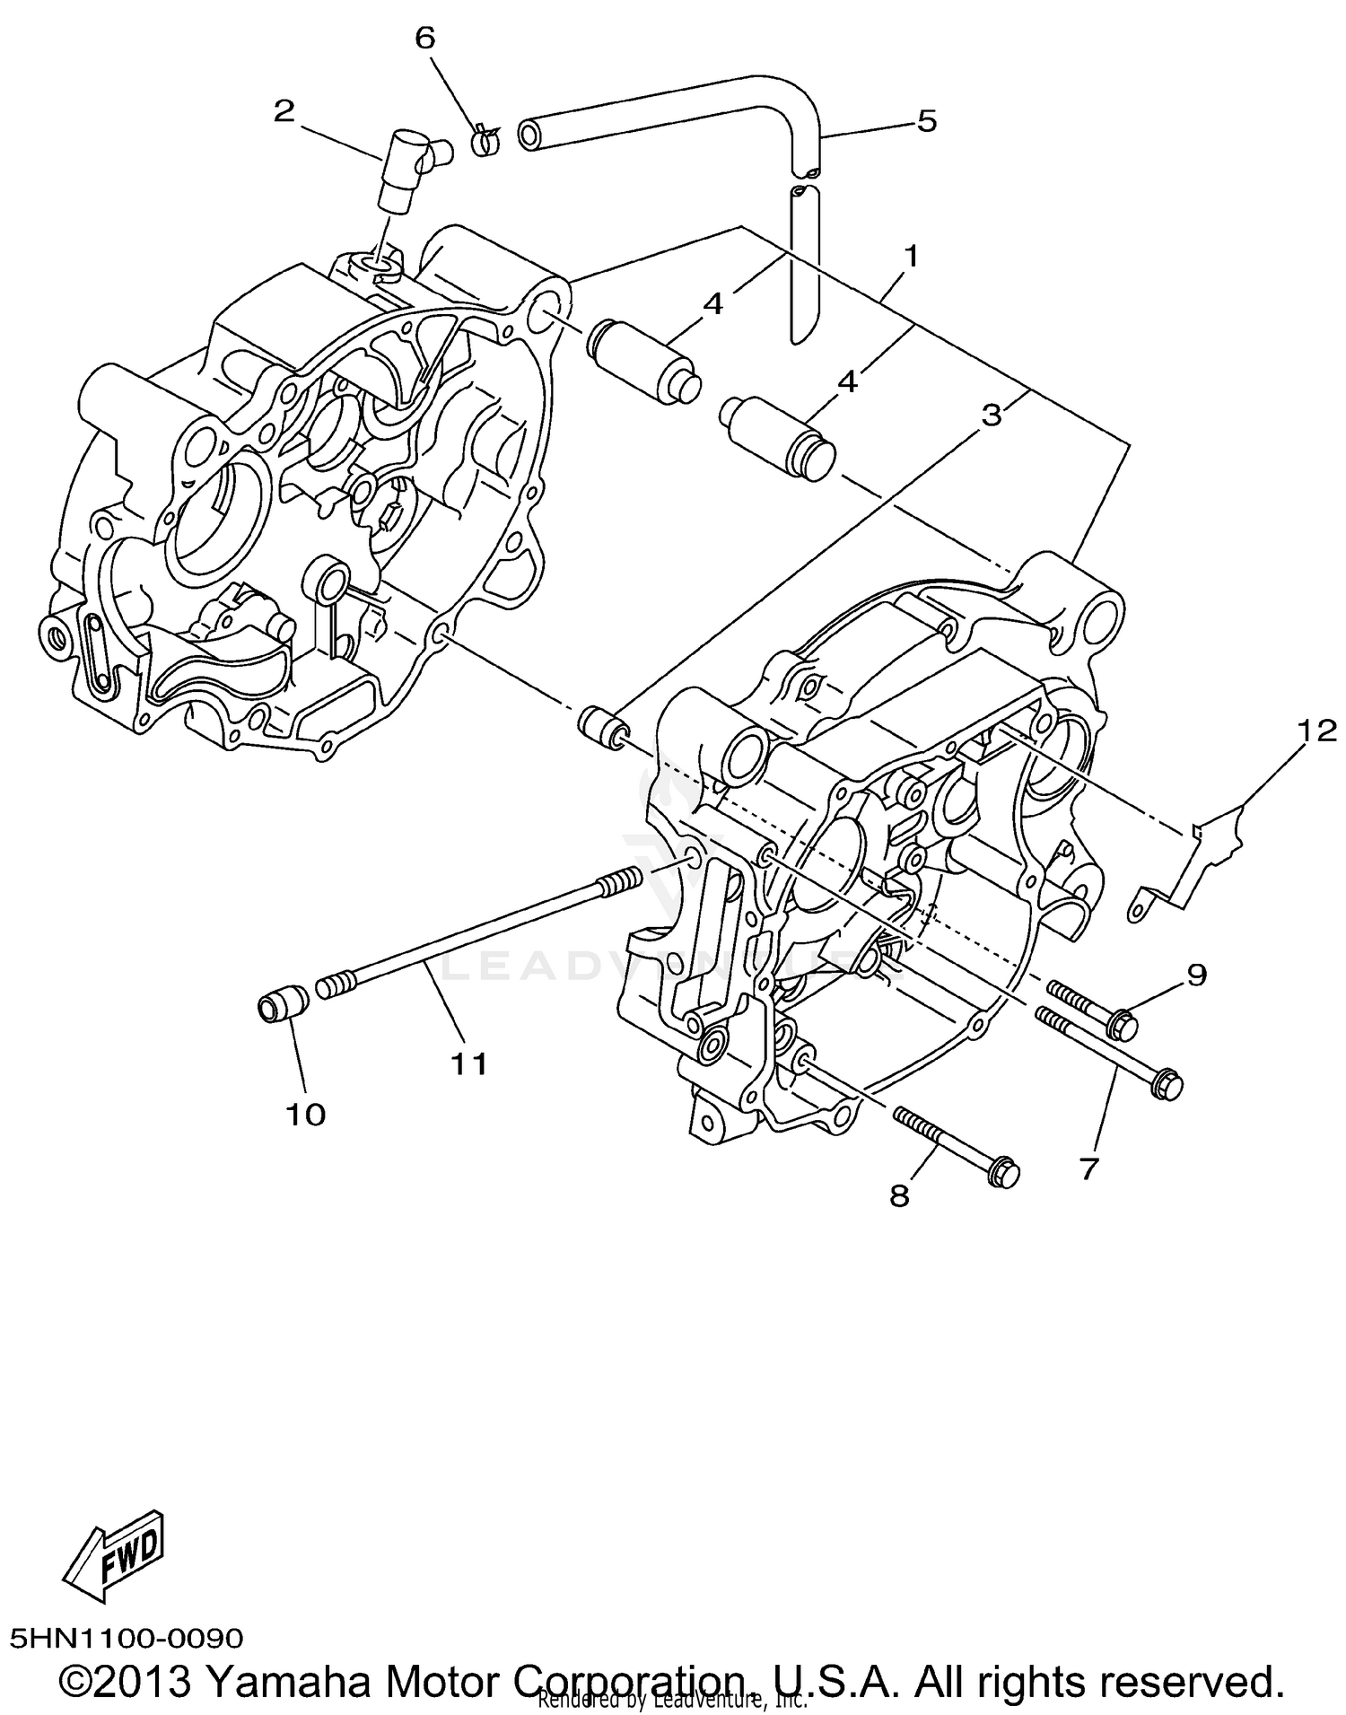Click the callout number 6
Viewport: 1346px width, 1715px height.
[x=424, y=38]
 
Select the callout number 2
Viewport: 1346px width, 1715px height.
[x=284, y=112]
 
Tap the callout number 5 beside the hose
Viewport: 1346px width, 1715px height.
[x=926, y=120]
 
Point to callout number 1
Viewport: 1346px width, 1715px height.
[x=912, y=258]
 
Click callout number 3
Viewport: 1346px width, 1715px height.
[x=991, y=415]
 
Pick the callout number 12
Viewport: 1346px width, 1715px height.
[x=1315, y=732]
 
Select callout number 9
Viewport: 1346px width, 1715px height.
[x=1197, y=974]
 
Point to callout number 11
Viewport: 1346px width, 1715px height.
[x=468, y=1064]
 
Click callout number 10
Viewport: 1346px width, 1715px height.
[x=305, y=1115]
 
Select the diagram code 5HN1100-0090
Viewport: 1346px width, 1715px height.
[x=127, y=1638]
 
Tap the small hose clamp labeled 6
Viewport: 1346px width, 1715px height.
[x=485, y=140]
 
